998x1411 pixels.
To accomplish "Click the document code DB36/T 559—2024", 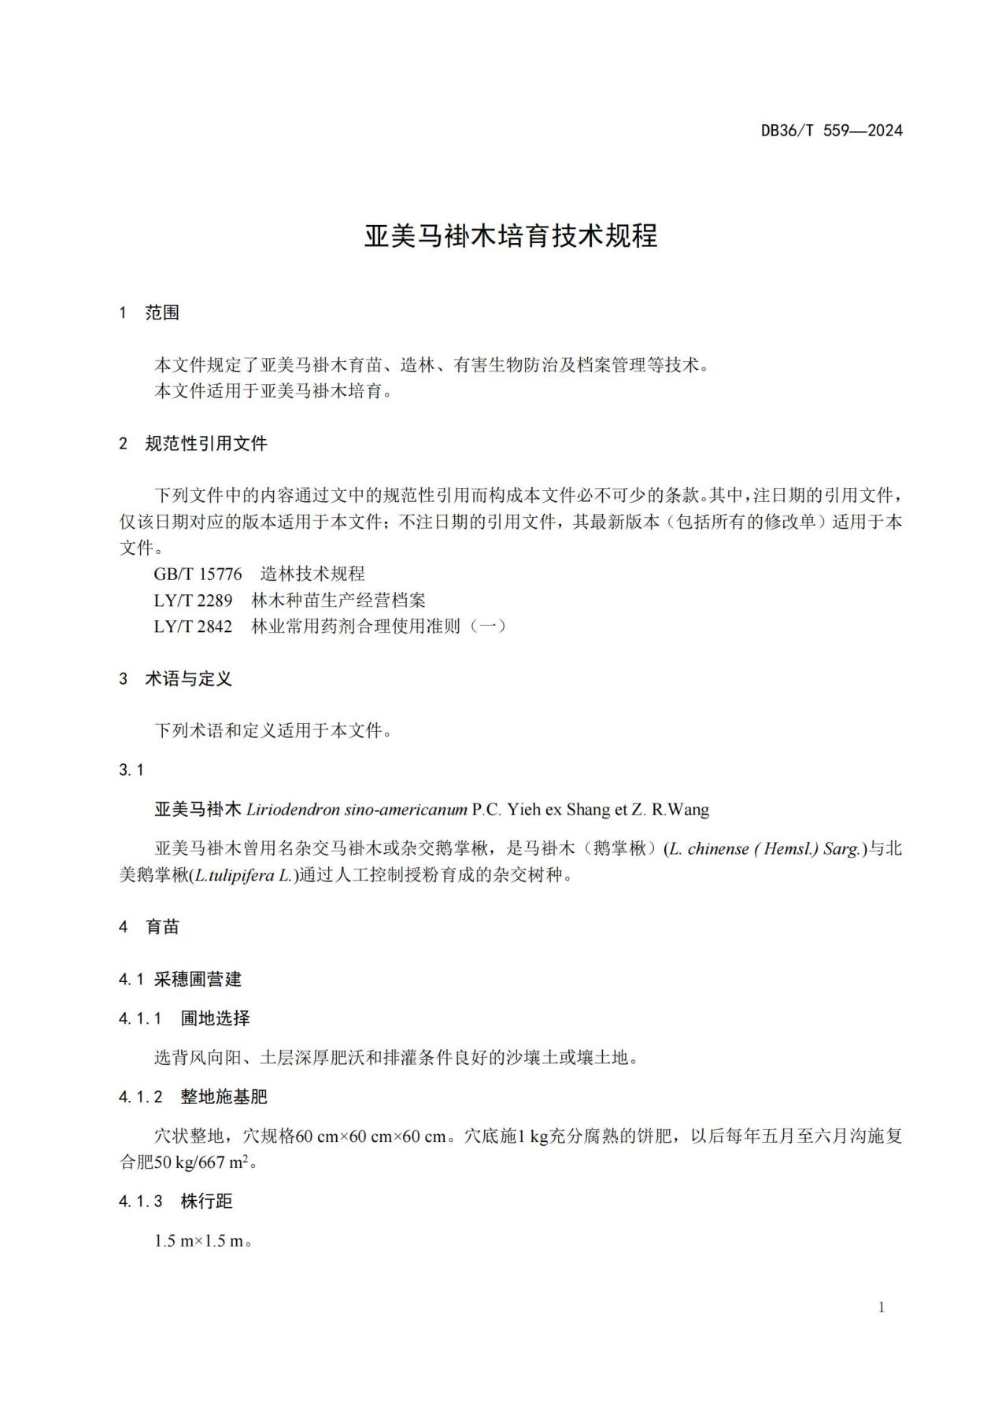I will (830, 131).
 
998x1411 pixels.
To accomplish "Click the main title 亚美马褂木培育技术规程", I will (510, 236).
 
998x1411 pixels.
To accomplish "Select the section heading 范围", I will (162, 312).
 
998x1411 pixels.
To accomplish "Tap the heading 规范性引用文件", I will (206, 443).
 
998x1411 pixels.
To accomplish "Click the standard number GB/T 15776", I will (198, 574).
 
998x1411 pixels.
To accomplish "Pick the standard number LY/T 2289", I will (193, 600).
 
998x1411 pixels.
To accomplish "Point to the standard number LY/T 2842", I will (193, 626).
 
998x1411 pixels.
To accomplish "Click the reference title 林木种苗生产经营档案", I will (338, 600).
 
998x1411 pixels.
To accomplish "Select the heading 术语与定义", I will (189, 678).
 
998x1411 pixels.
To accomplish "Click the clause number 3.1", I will (131, 770).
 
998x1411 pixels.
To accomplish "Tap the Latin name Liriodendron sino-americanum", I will (357, 809).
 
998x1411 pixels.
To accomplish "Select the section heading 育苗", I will (163, 926).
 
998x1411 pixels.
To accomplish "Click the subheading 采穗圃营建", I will (198, 979).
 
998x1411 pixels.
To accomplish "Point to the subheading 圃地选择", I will (215, 1018).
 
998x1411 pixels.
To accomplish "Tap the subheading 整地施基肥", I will (224, 1096).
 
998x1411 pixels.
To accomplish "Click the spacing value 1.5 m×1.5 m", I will (198, 1241).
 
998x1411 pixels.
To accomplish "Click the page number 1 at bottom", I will (881, 1307).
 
